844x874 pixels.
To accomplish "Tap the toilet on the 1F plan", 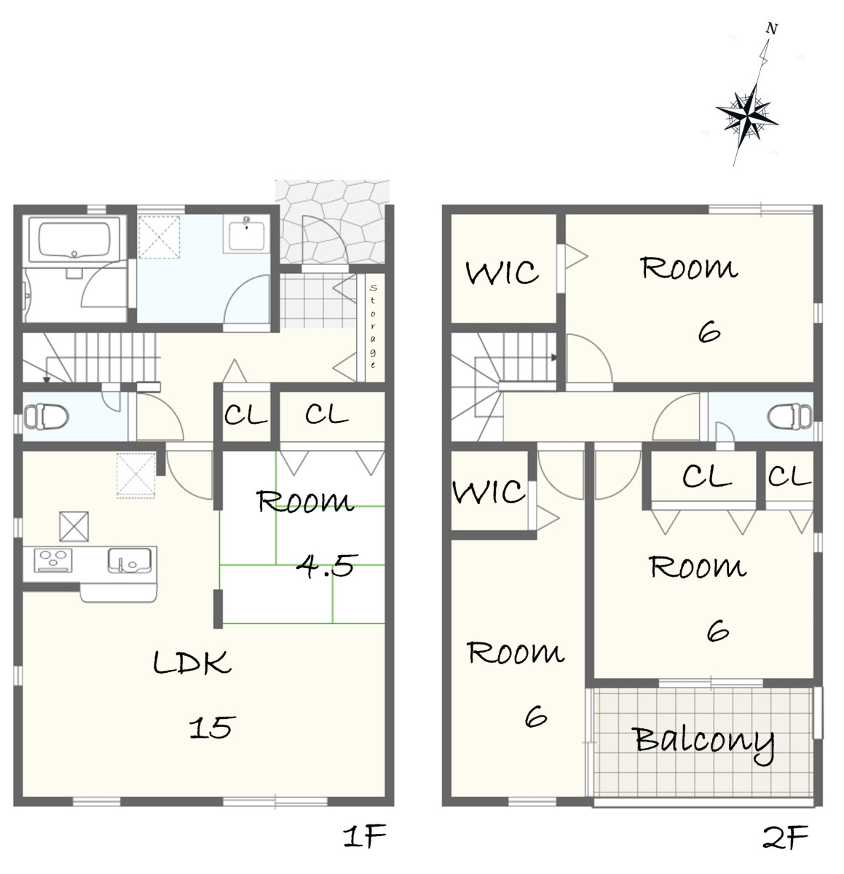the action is coord(46,416).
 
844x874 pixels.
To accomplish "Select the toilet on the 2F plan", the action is coord(789,415).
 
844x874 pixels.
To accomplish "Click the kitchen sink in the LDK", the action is coord(130,561).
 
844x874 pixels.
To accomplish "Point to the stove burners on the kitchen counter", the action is coord(53,560).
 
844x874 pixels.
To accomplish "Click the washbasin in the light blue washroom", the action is coord(245,234).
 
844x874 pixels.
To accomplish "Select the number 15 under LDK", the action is coord(213,727).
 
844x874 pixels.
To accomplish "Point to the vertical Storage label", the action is coord(372,327).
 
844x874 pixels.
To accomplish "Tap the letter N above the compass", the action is coord(771,28).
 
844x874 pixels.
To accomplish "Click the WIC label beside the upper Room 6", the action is coord(502,272).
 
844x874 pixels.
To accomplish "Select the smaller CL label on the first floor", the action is coord(245,414).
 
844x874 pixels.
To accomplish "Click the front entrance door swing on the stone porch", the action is coord(325,240).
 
